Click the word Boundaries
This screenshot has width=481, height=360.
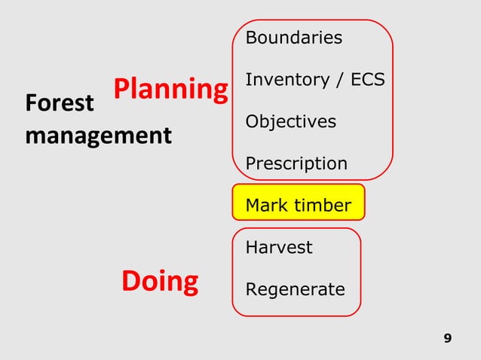click(x=293, y=38)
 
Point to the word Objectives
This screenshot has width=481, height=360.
click(x=290, y=121)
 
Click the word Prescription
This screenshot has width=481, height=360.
click(x=296, y=163)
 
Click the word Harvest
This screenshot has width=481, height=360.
click(x=278, y=248)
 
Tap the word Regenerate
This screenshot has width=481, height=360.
click(x=295, y=289)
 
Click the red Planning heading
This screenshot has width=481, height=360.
click(x=170, y=90)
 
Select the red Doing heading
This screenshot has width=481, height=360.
click(x=160, y=281)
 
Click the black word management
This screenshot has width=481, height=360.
click(x=98, y=136)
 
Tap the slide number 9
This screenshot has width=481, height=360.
click(x=448, y=338)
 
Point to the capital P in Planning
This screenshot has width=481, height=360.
click(x=122, y=90)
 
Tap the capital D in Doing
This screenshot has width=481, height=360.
click(x=131, y=281)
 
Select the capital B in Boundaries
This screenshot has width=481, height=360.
click(x=251, y=38)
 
